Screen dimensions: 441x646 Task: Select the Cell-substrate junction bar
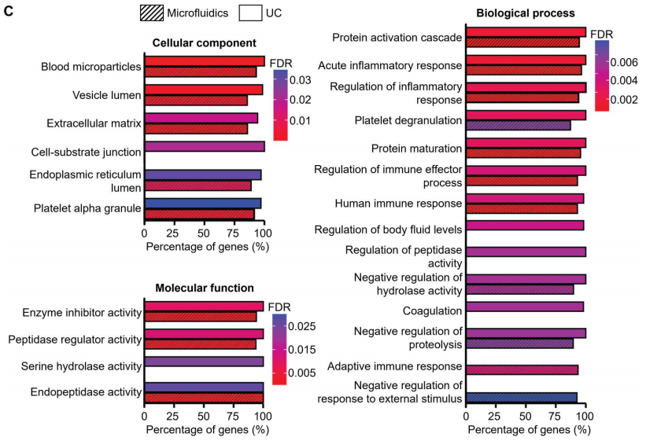pyautogui.click(x=205, y=146)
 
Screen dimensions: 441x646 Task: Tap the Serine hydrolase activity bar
pyautogui.click(x=204, y=362)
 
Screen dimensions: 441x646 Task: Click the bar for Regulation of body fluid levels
pyautogui.click(x=525, y=226)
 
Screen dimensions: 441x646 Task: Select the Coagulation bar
pyautogui.click(x=525, y=307)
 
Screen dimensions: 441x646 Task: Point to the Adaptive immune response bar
pyautogui.click(x=522, y=369)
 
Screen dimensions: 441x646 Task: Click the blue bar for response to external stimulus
pyautogui.click(x=522, y=398)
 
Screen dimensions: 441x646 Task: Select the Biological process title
pyautogui.click(x=525, y=13)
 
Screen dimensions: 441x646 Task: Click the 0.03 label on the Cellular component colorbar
pyautogui.click(x=302, y=80)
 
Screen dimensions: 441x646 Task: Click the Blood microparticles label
pyautogui.click(x=91, y=67)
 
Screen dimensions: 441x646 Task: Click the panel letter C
pyautogui.click(x=7, y=12)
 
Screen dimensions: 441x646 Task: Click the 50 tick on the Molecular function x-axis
pyautogui.click(x=204, y=415)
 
